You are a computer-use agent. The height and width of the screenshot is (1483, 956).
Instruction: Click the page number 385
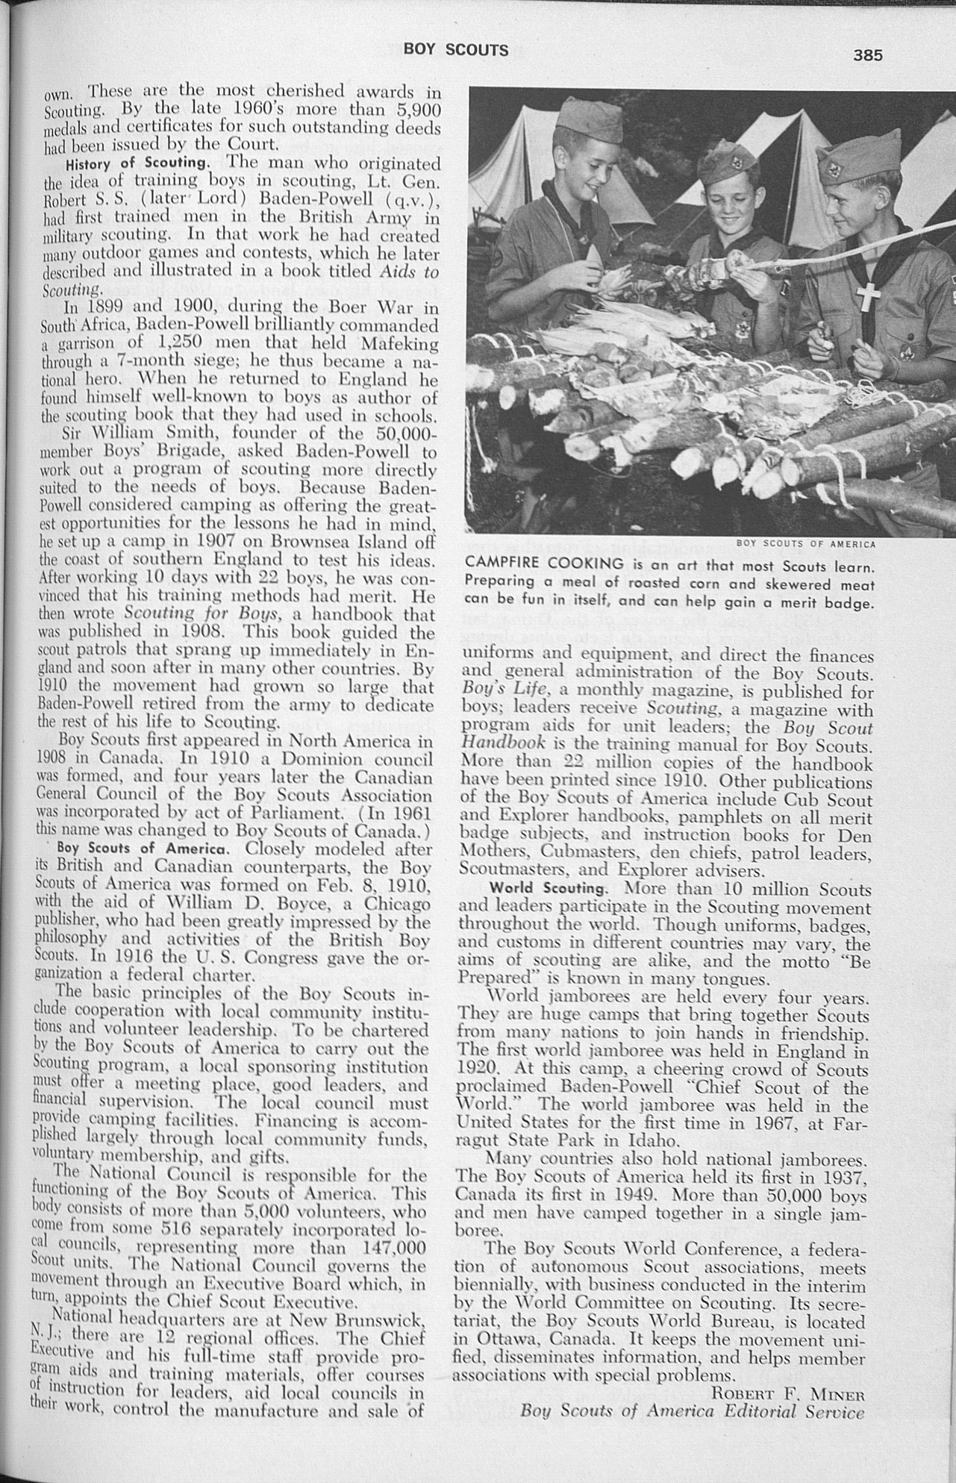869,55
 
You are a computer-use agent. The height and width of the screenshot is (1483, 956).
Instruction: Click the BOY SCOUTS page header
456,50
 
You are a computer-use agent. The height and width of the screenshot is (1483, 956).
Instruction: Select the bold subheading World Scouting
548,889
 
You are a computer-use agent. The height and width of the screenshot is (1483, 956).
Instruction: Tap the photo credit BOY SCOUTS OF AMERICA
806,543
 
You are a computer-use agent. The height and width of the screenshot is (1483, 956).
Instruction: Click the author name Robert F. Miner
788,1393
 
